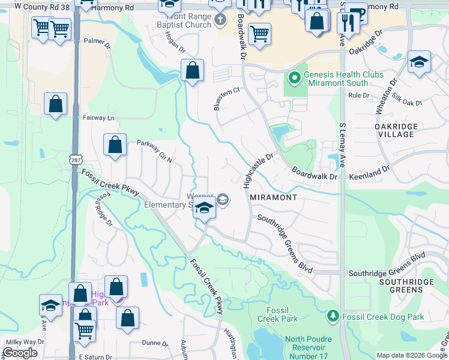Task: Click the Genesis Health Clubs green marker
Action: [x=295, y=79]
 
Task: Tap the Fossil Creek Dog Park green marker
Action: [x=333, y=316]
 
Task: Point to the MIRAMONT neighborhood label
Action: [x=273, y=197]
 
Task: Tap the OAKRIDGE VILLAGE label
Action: [x=396, y=131]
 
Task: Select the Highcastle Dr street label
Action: [x=259, y=170]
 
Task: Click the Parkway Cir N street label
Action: [x=155, y=152]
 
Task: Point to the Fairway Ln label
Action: [x=98, y=118]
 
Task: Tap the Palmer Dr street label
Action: [x=98, y=43]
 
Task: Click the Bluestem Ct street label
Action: [x=227, y=99]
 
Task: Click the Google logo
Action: [x=20, y=353]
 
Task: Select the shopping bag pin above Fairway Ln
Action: [x=55, y=104]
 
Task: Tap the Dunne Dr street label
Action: [x=156, y=344]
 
